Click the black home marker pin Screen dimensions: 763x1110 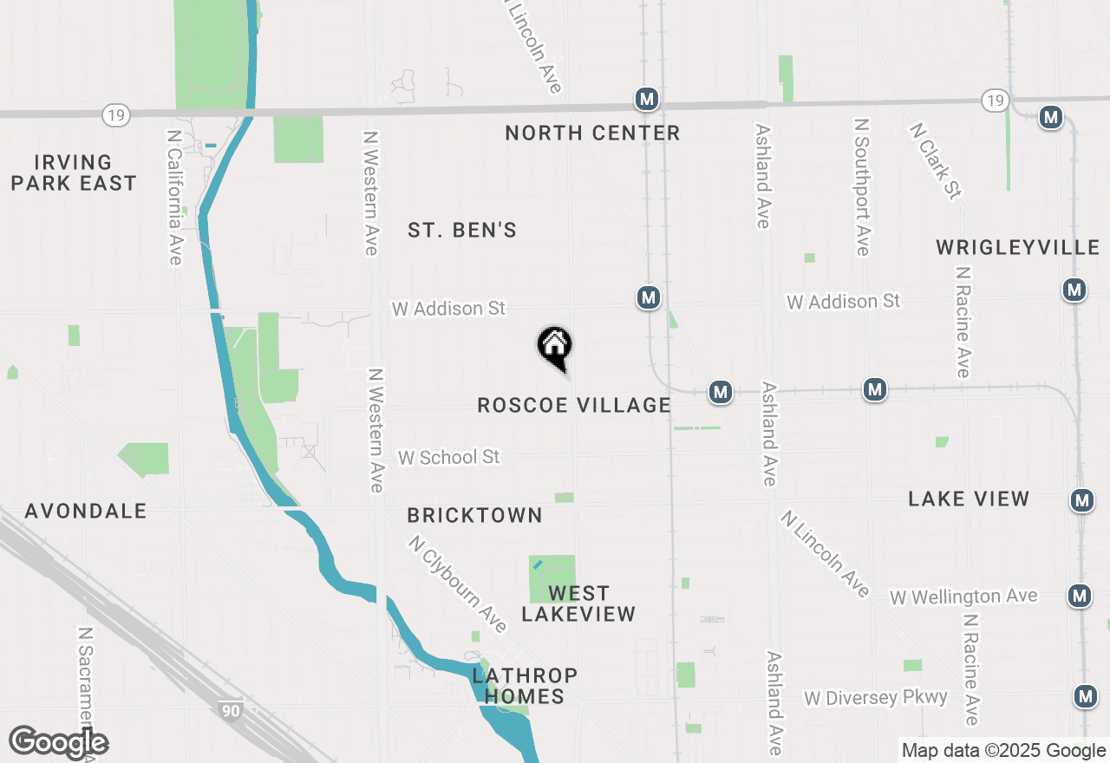point(555,347)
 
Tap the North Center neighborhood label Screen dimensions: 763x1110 point(592,133)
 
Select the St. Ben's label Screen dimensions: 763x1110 point(462,230)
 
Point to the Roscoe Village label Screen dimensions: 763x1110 point(574,405)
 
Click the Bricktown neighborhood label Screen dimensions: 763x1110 point(474,515)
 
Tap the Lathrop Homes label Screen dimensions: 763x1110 point(525,685)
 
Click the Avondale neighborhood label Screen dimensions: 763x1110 point(86,512)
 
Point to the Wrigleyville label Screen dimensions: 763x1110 point(1018,248)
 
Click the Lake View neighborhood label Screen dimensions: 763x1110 point(969,499)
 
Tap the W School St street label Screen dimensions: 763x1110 point(449,457)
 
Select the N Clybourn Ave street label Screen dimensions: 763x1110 point(458,584)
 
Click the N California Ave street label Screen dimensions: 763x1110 point(174,198)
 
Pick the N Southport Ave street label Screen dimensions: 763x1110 point(861,188)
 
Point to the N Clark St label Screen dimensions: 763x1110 point(936,160)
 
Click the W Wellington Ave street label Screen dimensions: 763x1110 point(963,597)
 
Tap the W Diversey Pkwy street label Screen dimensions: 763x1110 point(876,698)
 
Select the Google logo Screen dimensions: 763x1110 point(58,743)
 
